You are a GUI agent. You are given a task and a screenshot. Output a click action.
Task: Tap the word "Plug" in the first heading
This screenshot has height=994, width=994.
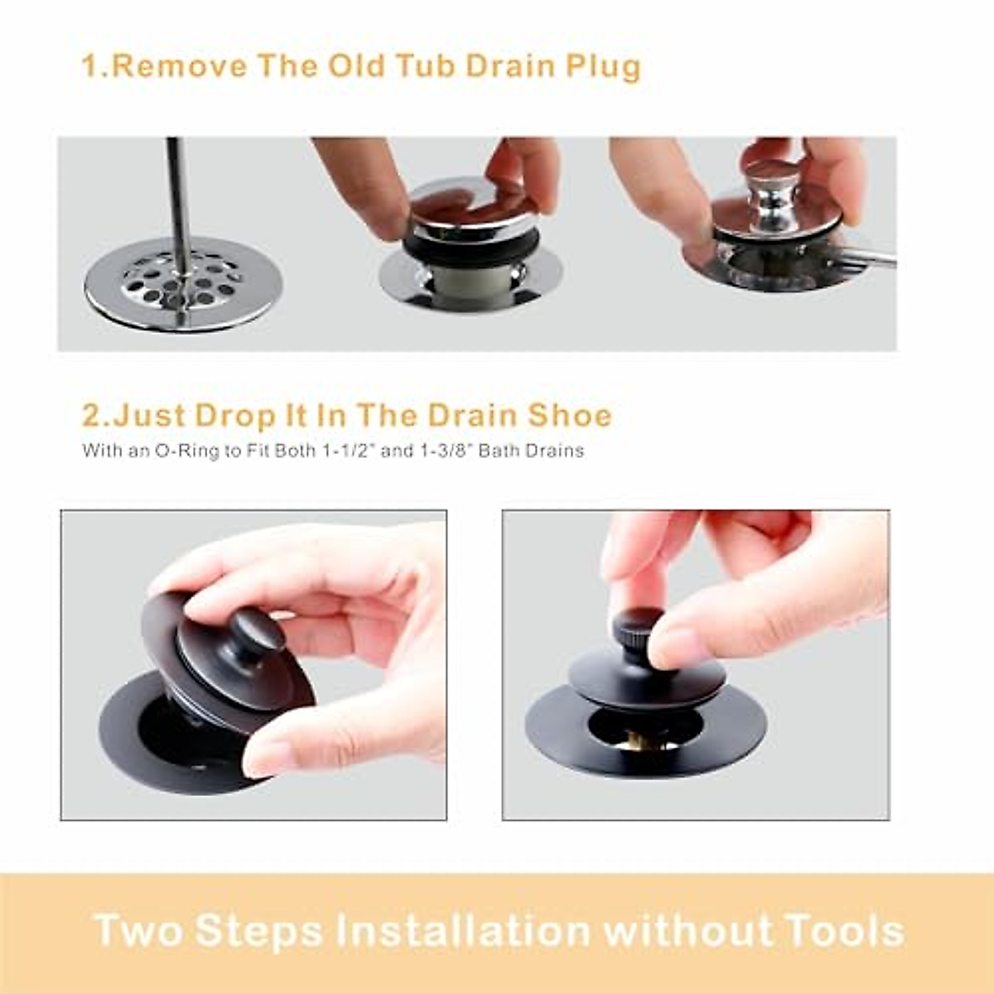(x=603, y=67)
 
